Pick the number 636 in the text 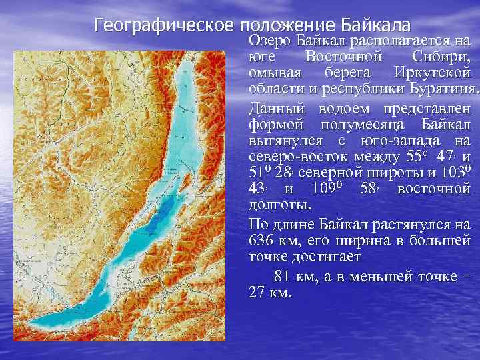[261, 239]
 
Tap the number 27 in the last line [255, 293]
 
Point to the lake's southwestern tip [37, 327]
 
